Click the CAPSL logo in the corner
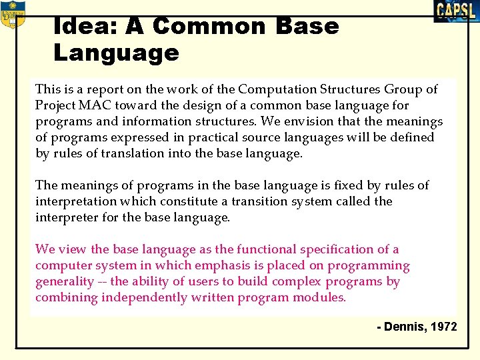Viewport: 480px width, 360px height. coord(456,11)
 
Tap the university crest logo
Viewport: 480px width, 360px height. coord(13,14)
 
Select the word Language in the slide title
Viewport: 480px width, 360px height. coord(116,53)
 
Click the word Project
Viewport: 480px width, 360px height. coord(57,105)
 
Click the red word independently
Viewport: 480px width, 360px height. coord(143,297)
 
